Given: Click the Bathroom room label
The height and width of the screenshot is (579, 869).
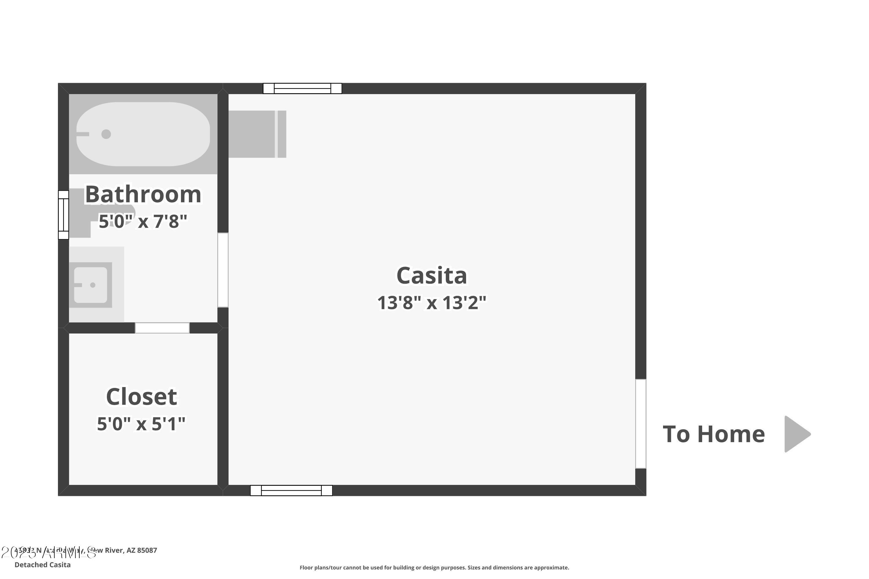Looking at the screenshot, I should coord(143,194).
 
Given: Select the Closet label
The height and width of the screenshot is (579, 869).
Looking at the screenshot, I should coord(142,397).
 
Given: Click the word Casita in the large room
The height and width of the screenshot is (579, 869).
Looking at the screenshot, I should coord(432,276).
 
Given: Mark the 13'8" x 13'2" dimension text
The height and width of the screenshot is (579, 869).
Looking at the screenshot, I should coord(432,303).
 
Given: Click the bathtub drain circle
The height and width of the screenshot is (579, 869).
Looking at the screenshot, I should coord(106,134).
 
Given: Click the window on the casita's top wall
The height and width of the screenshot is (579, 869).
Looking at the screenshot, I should coord(302,89).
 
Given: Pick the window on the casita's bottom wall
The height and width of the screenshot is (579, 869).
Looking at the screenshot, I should coord(291,490).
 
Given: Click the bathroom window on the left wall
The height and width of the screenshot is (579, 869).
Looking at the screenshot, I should coord(63,215).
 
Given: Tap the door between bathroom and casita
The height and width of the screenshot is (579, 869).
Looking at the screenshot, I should coord(223,270).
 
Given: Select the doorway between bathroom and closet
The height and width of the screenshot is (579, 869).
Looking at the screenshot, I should coord(162,328).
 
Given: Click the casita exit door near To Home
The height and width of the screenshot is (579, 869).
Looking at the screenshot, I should coord(641,424).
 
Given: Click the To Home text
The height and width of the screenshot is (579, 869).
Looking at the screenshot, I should coord(713,434).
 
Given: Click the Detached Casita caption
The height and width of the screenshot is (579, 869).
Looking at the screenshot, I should coord(43,565).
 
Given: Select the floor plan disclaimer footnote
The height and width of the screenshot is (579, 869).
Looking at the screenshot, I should coord(434,567).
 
